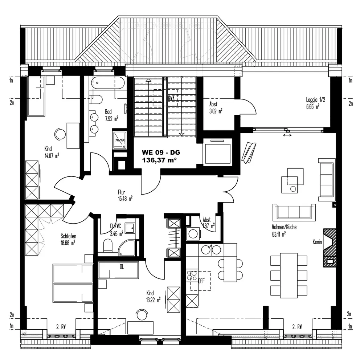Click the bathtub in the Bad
pyautogui.click(x=108, y=84)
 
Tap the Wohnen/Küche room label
pyautogui.click(x=284, y=227)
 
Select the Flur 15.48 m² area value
pyautogui.click(x=125, y=198)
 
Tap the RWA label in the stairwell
pyautogui.click(x=171, y=98)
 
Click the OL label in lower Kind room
pyautogui.click(x=122, y=266)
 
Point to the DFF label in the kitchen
pyautogui.click(x=201, y=280)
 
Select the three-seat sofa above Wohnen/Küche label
pyautogui.click(x=292, y=211)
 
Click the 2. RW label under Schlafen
pyautogui.click(x=61, y=326)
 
